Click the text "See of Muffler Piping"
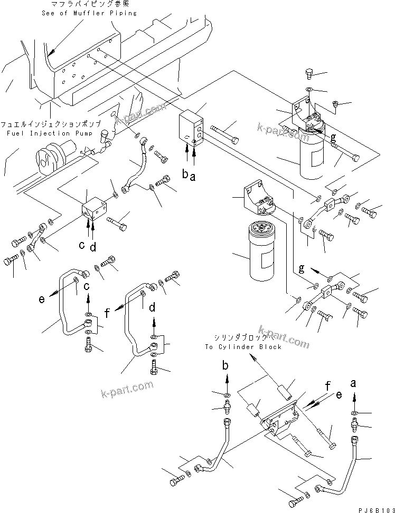coord(89,13)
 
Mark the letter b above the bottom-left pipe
coord(227,365)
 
